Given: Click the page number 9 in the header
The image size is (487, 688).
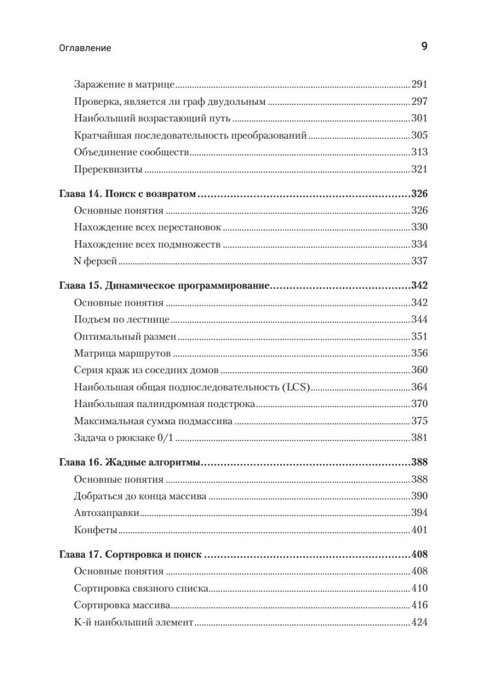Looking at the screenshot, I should click(x=424, y=47).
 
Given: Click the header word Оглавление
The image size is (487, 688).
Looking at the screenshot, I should click(x=85, y=49).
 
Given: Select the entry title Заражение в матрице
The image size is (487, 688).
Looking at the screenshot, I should click(x=124, y=85).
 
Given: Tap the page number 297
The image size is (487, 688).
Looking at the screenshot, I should click(x=420, y=102).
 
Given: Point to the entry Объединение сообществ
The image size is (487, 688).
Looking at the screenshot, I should click(x=132, y=153).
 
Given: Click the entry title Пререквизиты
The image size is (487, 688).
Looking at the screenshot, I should click(x=108, y=170).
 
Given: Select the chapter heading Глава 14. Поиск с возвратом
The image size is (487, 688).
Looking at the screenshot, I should click(x=128, y=194).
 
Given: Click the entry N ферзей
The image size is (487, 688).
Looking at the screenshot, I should click(x=96, y=261).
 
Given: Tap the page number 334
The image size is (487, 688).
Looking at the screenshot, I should click(x=420, y=244).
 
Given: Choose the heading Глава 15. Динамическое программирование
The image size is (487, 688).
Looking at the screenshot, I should click(x=165, y=286).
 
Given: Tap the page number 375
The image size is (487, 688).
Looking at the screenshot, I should click(x=420, y=421).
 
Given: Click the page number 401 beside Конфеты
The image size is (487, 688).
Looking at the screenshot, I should click(x=420, y=530).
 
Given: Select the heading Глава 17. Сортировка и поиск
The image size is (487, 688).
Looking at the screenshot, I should click(x=133, y=554).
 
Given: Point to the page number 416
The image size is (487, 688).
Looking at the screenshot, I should click(x=420, y=605).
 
